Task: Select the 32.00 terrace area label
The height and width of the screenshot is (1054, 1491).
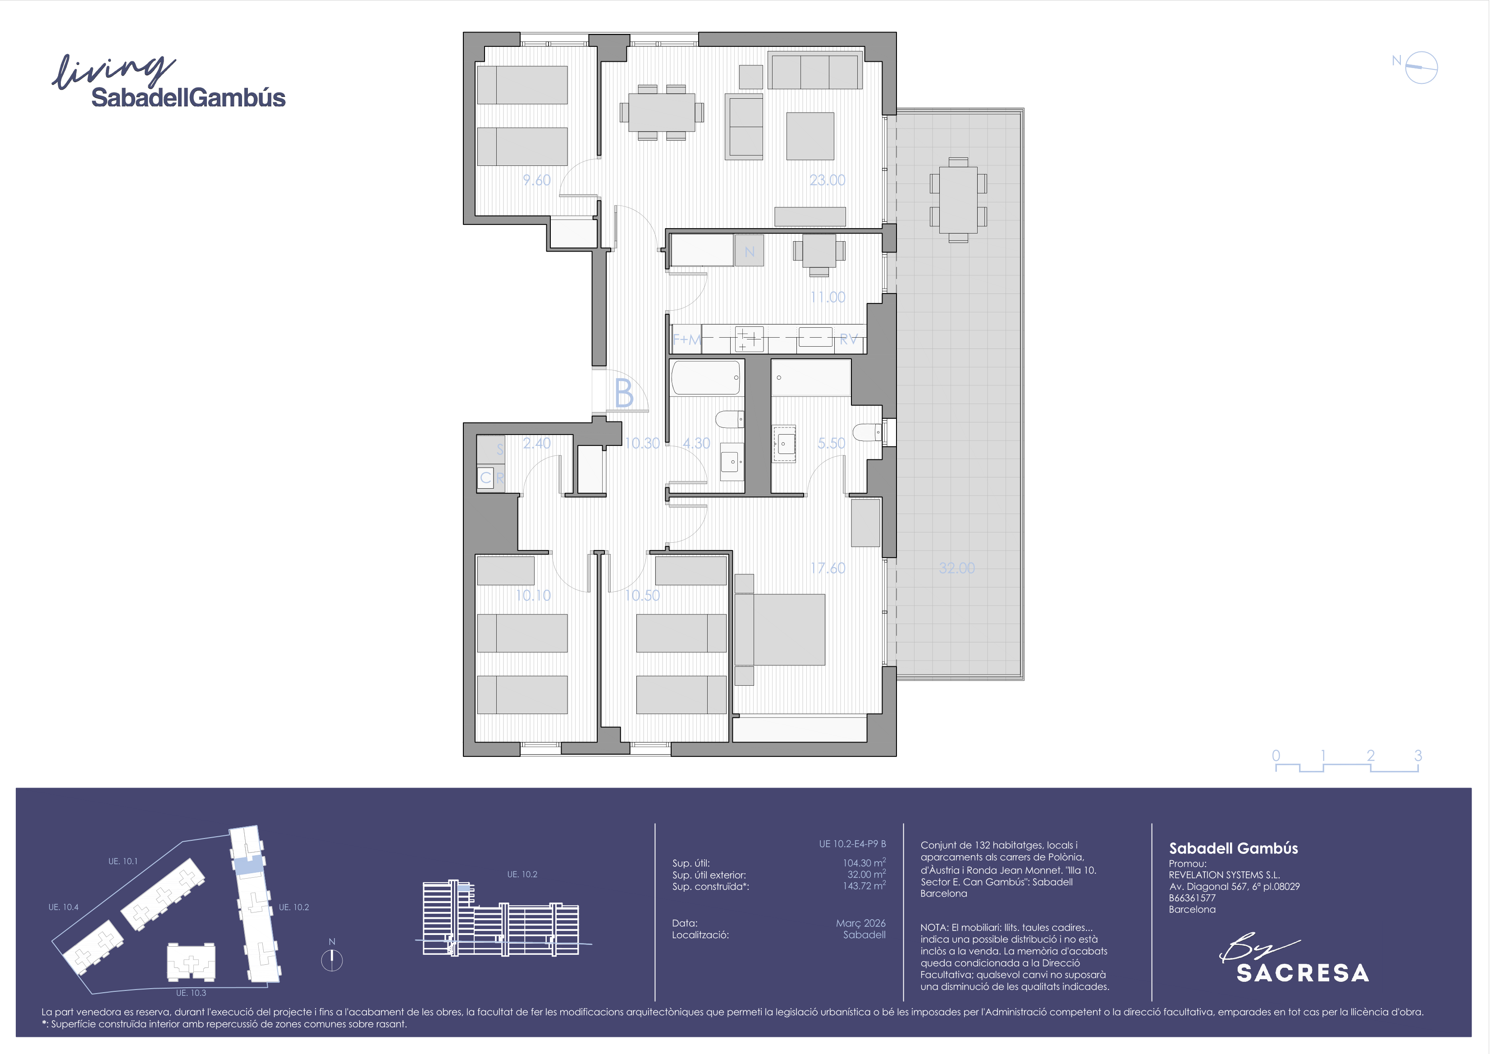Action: tap(956, 568)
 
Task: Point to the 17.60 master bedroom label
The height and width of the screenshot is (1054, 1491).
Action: tap(828, 568)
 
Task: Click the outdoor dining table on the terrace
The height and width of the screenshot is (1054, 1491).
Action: tap(958, 200)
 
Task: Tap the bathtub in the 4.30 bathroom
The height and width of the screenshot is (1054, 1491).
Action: tap(706, 378)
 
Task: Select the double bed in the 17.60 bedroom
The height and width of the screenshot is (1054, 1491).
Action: tap(780, 629)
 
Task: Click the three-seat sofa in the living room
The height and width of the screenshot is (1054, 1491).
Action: tap(815, 71)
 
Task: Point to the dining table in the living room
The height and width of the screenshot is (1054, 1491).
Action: tap(662, 112)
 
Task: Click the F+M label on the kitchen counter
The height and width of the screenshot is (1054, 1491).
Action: tap(686, 339)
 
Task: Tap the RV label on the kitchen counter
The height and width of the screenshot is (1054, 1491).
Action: tap(849, 339)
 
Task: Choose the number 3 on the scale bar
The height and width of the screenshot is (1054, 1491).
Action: tap(1418, 755)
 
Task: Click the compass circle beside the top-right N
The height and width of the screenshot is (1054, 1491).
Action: tap(1422, 68)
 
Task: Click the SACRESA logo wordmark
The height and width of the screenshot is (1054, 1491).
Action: tap(1303, 973)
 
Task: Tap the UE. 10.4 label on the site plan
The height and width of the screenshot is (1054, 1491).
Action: tap(63, 907)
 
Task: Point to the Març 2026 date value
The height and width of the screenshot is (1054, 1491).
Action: tap(860, 923)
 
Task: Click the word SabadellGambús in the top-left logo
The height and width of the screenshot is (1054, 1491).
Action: tap(188, 97)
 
